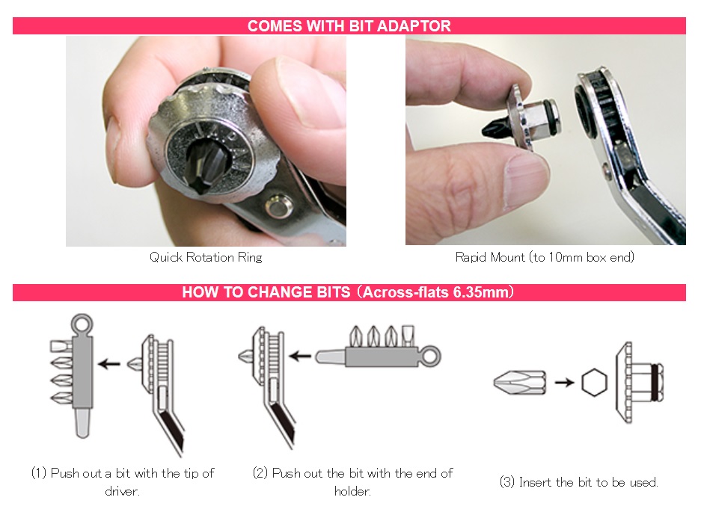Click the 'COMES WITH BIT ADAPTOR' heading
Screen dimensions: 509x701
349,26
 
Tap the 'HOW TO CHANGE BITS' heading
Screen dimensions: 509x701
349,292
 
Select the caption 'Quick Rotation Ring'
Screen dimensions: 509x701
206,257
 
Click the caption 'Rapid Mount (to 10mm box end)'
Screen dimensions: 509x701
545,257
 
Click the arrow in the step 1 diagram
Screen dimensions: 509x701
110,365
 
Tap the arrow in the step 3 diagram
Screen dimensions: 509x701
565,383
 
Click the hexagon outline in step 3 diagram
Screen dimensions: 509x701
595,383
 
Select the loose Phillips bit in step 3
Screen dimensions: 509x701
521,383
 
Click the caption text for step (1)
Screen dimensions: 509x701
123,482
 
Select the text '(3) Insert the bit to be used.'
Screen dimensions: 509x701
578,482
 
